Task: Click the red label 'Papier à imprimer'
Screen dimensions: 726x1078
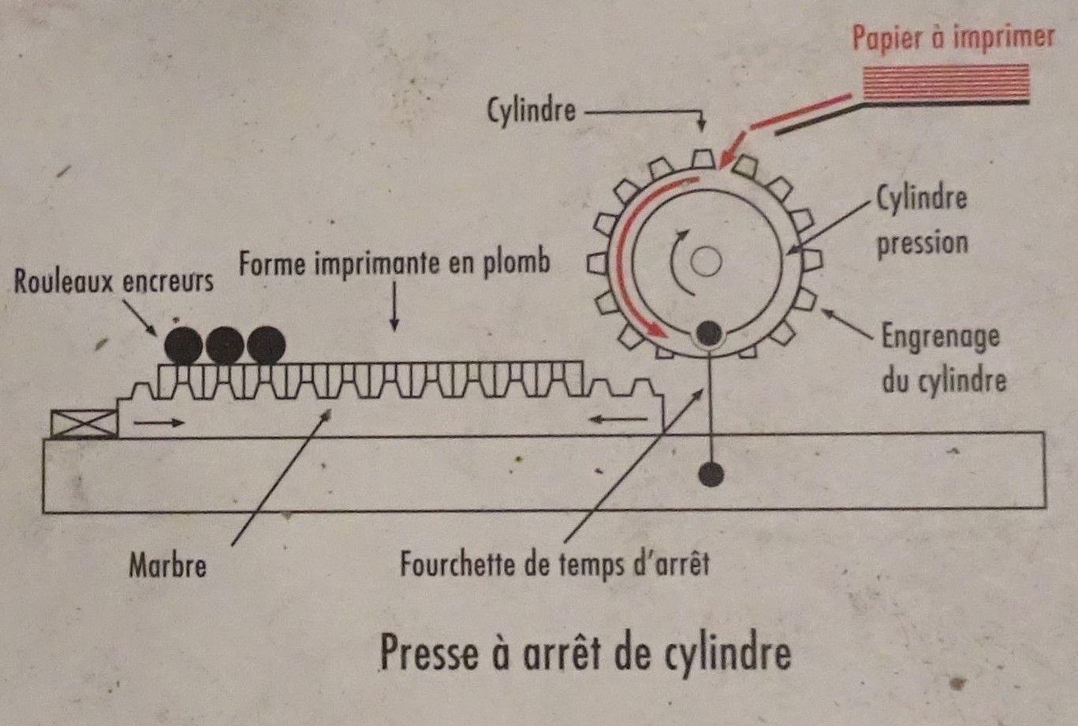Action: (x=953, y=38)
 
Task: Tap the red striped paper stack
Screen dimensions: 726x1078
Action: (x=946, y=84)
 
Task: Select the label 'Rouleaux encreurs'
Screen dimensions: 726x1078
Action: (x=114, y=281)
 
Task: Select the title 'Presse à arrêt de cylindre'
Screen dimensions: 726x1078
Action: (x=585, y=653)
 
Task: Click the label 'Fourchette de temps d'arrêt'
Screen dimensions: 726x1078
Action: (x=555, y=564)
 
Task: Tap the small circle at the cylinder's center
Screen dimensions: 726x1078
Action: (x=706, y=262)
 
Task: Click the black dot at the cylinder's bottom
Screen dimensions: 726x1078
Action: (x=709, y=334)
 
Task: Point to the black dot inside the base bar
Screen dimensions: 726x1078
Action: (x=711, y=474)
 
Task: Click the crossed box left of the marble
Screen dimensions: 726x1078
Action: (x=84, y=424)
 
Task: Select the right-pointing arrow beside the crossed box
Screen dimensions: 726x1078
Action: (x=159, y=423)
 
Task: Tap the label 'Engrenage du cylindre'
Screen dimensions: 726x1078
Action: (x=942, y=358)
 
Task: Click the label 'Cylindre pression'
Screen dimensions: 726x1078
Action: (x=922, y=219)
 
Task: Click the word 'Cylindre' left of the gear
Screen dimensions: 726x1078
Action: (x=531, y=110)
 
